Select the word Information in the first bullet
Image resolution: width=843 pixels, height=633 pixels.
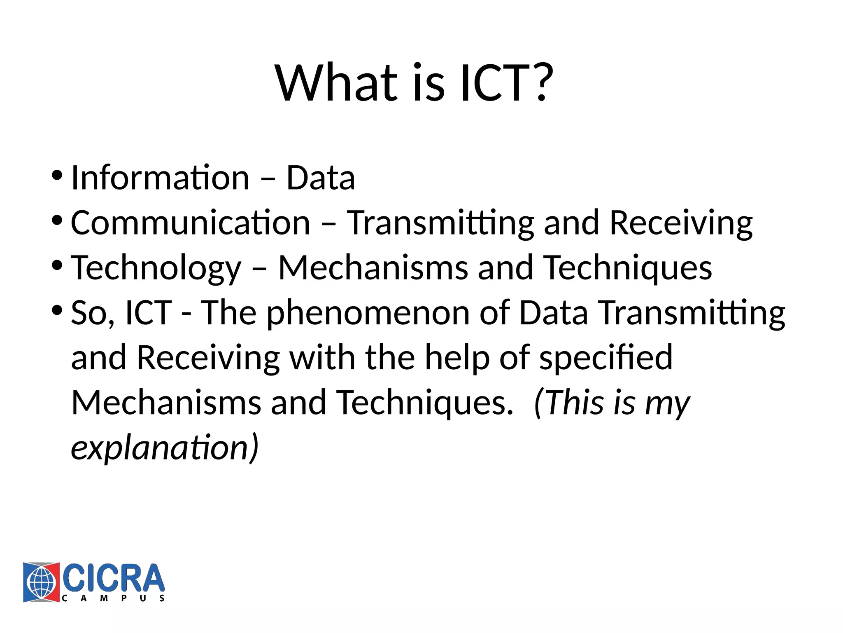[160, 178]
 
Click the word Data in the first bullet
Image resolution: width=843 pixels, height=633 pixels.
[320, 178]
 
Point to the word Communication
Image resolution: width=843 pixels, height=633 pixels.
[190, 223]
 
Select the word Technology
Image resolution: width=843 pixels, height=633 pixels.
[156, 268]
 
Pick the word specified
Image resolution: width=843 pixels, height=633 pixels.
[606, 358]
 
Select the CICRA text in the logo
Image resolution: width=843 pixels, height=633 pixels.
[113, 578]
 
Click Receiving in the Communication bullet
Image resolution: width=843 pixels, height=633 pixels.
[681, 223]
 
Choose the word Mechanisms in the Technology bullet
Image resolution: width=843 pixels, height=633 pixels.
[373, 268]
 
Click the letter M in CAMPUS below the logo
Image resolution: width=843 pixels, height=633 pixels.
[104, 598]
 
